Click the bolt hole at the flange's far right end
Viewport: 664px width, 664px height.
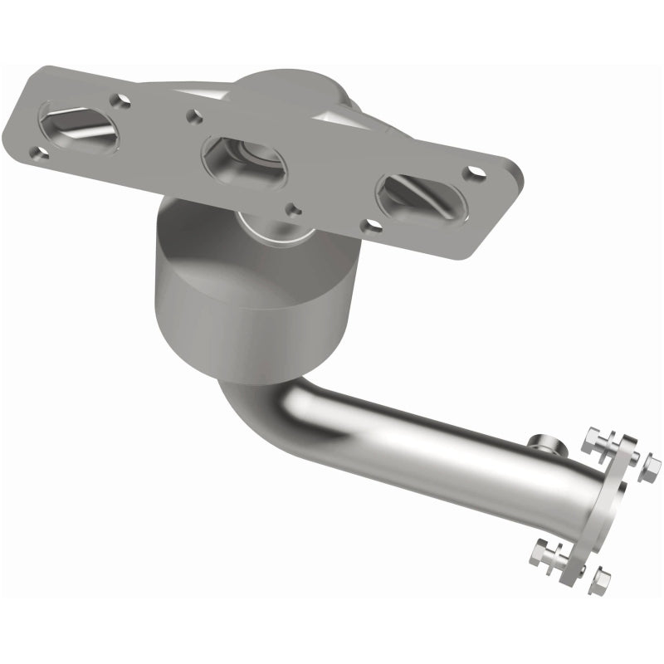coord(476,173)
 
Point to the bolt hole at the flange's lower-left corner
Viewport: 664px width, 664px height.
coord(37,152)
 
